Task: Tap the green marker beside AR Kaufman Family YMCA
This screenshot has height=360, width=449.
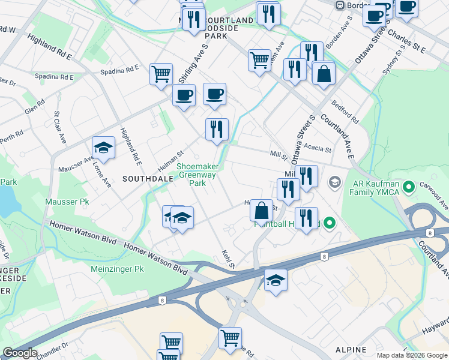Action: [x=410, y=188]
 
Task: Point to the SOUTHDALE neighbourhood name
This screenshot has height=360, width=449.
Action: [x=142, y=179]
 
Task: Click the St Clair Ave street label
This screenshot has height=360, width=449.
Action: [x=60, y=127]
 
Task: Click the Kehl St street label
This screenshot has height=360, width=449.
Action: [x=227, y=259]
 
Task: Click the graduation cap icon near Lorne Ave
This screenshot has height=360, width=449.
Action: [x=103, y=148]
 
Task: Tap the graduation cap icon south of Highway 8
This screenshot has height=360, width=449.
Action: [x=276, y=280]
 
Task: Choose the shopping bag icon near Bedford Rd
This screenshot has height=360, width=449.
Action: [x=323, y=74]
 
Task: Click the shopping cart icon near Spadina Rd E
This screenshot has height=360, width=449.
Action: [x=161, y=74]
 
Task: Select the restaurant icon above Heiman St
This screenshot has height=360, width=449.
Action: [x=217, y=129]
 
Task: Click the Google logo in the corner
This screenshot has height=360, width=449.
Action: [x=20, y=353]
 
